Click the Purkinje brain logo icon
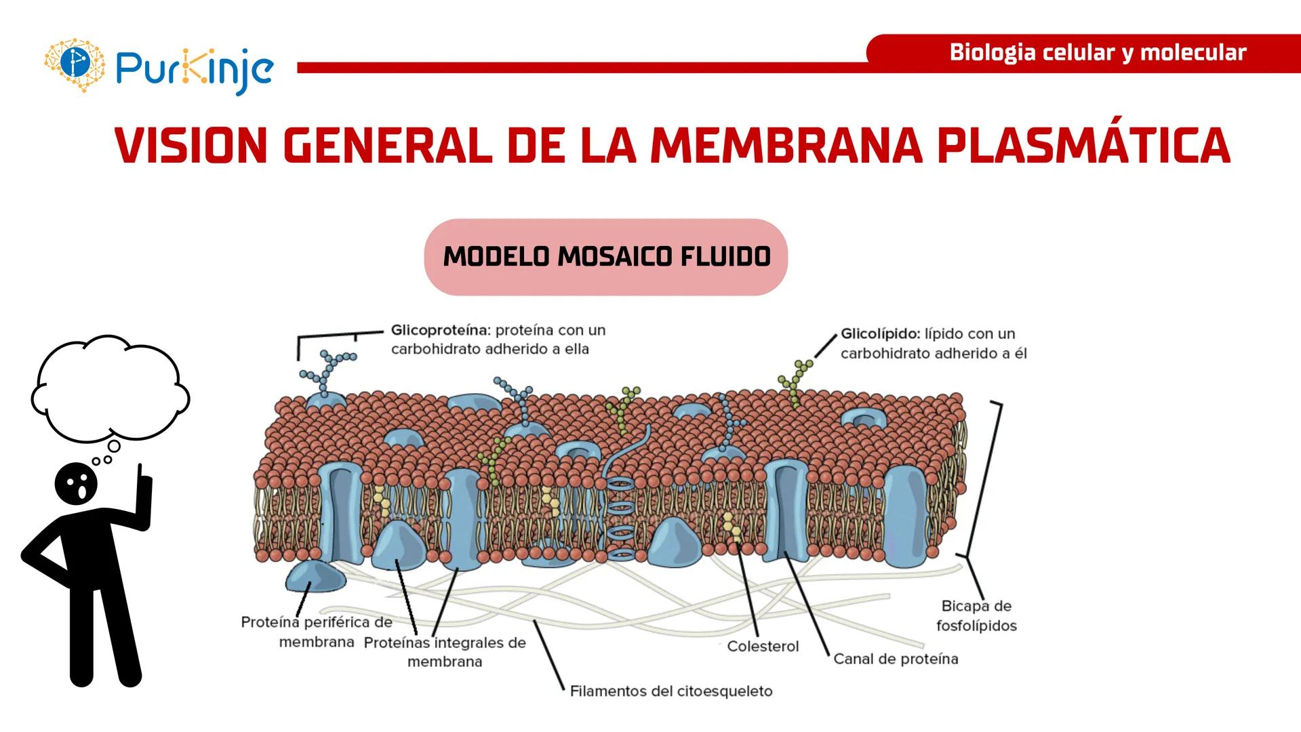click(x=75, y=65)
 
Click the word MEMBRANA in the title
click(x=786, y=146)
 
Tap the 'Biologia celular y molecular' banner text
click(x=1097, y=53)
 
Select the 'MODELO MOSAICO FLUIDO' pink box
click(x=605, y=257)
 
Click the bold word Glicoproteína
click(x=439, y=331)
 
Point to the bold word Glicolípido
click(x=879, y=334)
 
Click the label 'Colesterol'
click(x=763, y=647)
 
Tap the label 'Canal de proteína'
click(x=895, y=659)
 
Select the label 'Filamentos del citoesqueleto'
click(x=670, y=691)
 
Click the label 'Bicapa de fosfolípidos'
click(x=976, y=615)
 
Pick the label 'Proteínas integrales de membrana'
click(x=445, y=652)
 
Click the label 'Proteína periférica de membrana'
click(x=317, y=632)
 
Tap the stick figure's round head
click(x=76, y=483)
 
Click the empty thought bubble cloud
click(x=108, y=390)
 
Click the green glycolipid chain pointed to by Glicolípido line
click(x=795, y=383)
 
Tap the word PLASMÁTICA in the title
click(x=1083, y=146)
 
